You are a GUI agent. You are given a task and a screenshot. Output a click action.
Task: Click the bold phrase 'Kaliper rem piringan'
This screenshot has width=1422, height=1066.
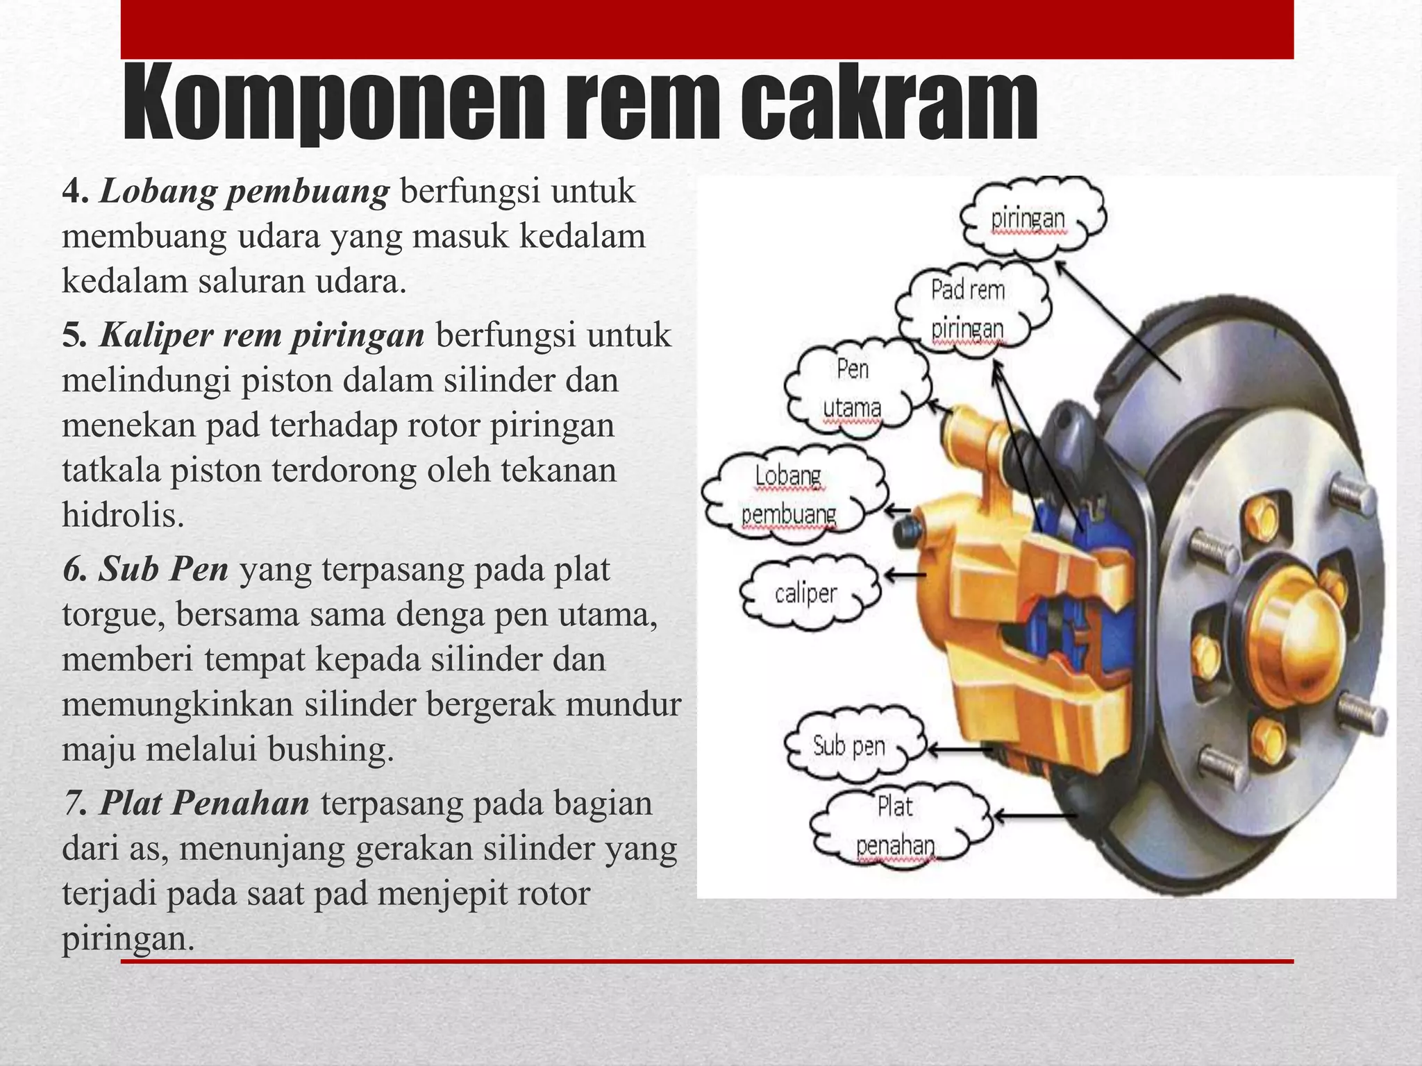pyautogui.click(x=262, y=335)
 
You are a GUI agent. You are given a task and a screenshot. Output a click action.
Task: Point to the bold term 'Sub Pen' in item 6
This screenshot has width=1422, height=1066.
pyautogui.click(x=164, y=569)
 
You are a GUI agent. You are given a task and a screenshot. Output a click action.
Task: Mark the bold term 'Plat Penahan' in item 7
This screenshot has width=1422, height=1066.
pyautogui.click(x=205, y=804)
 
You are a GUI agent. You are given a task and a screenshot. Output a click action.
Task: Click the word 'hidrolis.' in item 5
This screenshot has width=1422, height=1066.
pyautogui.click(x=123, y=515)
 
